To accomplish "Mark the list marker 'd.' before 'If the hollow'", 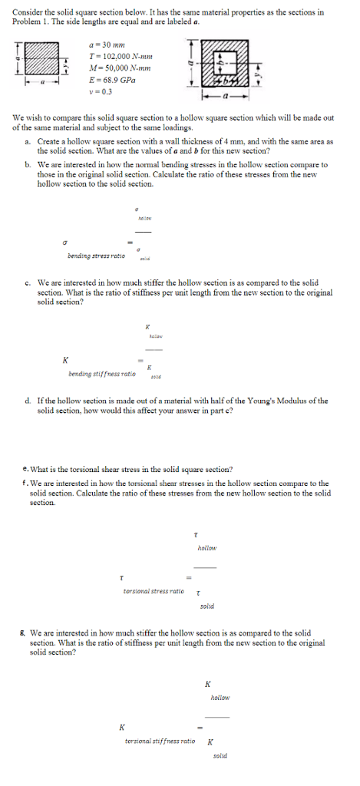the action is pos(28,401).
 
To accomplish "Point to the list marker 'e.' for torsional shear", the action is pos(27,468).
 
